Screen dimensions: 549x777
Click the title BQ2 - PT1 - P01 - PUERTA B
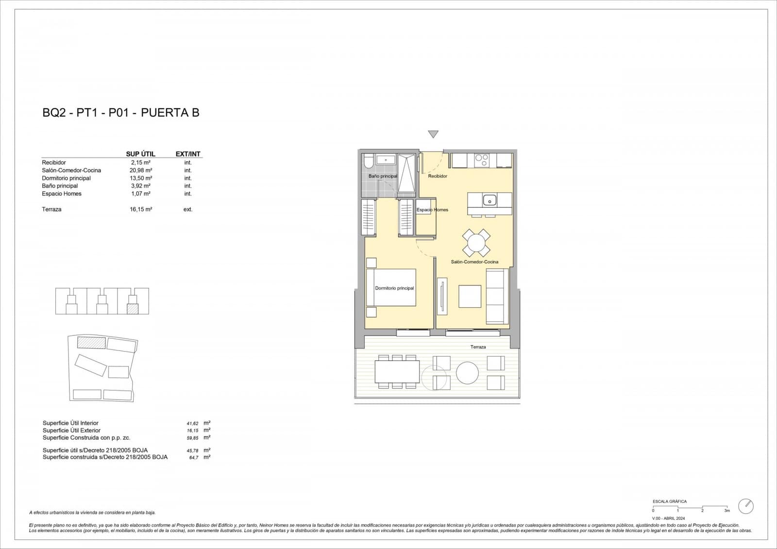121,113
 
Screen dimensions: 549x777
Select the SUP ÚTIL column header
140,154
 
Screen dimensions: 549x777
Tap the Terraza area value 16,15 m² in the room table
141,209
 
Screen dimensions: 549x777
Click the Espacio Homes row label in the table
62,194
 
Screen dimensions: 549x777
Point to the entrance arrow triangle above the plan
433,134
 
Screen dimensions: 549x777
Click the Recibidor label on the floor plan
438,176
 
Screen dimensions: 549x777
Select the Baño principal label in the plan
383,176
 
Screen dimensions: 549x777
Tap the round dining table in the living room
476,243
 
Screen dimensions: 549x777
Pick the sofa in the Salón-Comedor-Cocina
497,296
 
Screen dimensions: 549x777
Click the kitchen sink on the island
490,199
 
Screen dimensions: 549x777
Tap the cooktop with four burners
482,160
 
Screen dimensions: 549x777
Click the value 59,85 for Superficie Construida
193,438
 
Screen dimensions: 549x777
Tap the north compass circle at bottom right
745,506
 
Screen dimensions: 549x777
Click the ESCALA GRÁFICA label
670,501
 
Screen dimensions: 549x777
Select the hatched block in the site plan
92,343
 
